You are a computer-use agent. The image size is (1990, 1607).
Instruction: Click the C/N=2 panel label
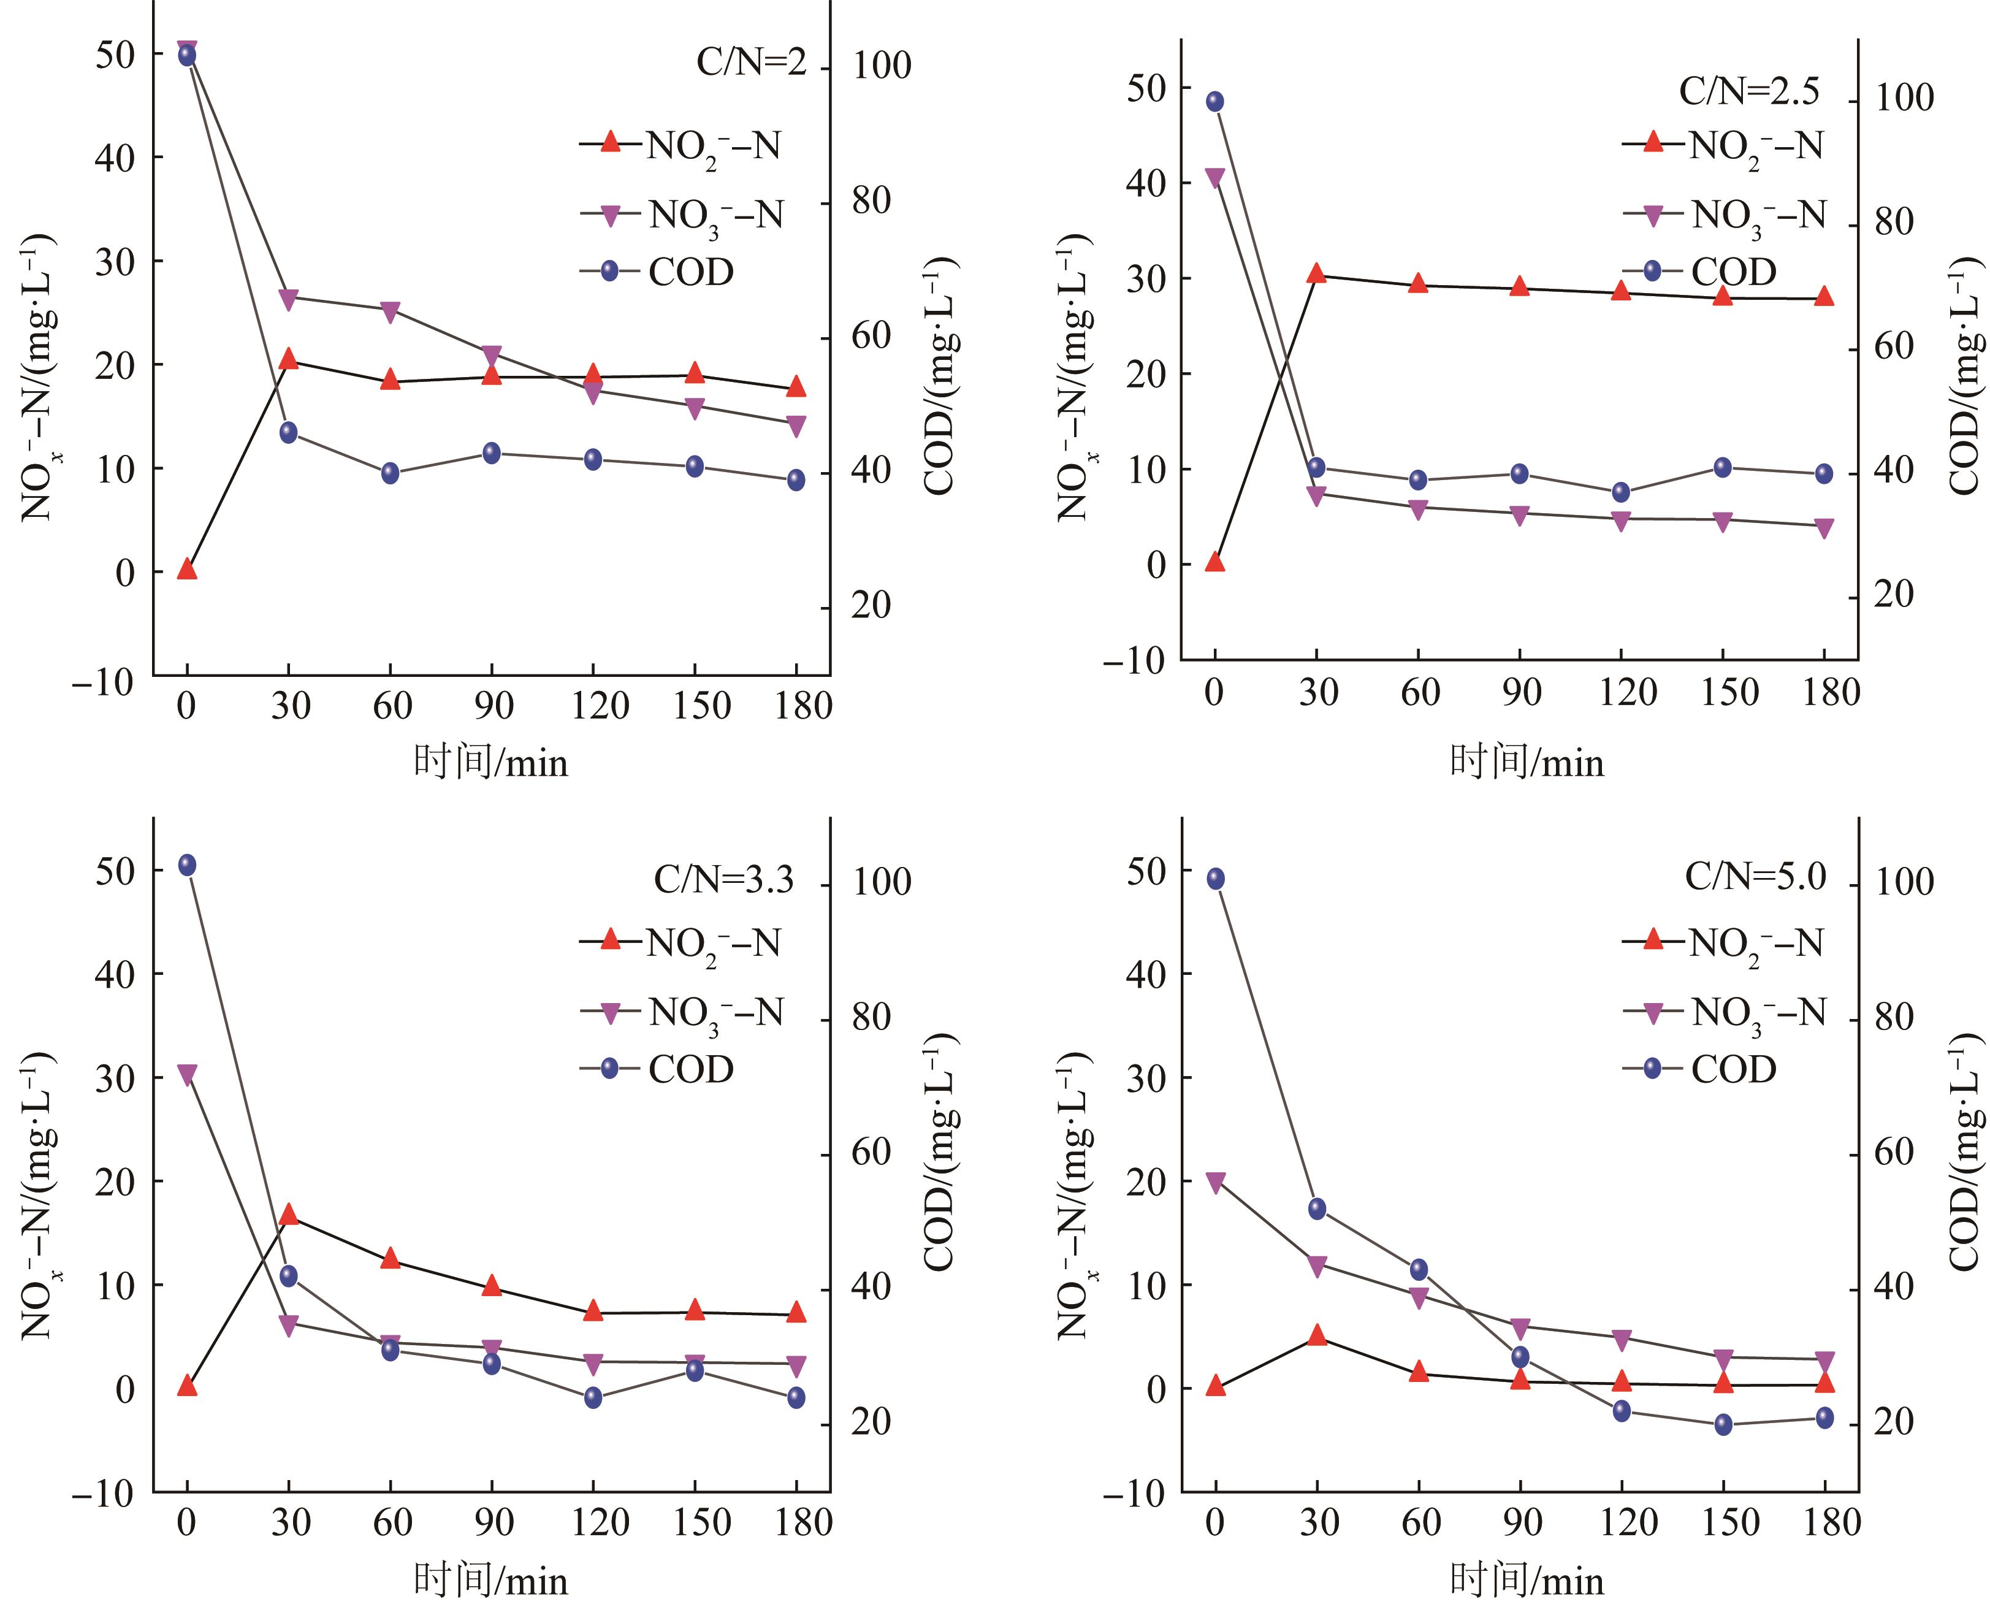click(x=750, y=63)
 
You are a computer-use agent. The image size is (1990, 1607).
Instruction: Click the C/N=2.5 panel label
click(x=1748, y=91)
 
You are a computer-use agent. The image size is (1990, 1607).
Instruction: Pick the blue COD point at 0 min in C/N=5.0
click(x=1215, y=879)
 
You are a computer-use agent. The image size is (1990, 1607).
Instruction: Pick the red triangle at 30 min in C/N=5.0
click(x=1316, y=1335)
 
